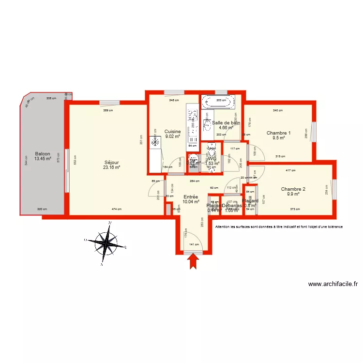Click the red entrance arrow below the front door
tap(193, 261)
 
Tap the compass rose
tap(105, 241)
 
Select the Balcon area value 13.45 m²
tap(43, 158)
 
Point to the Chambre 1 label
tap(278, 133)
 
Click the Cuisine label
tap(172, 131)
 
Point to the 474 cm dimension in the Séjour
tap(116, 209)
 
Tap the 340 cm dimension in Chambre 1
tap(277, 110)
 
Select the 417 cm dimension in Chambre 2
tap(290, 170)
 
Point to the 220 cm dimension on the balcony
tap(42, 209)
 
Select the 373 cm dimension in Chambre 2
tap(295, 209)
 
